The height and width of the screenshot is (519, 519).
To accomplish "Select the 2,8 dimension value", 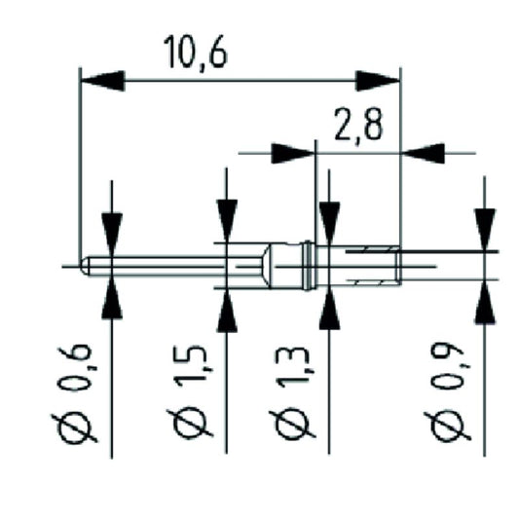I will [358, 128].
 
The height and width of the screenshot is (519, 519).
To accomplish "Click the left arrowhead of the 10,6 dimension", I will [101, 80].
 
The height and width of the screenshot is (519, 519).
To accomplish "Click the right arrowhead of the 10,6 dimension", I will [378, 80].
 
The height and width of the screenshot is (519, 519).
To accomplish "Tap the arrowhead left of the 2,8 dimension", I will [292, 153].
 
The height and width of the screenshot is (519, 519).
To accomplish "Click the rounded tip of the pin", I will [87, 264].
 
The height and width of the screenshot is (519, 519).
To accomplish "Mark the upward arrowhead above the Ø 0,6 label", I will [112, 296].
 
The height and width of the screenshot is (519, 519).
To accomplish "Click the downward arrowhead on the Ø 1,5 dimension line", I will [227, 220].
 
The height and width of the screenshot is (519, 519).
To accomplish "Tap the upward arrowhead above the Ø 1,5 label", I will [227, 310].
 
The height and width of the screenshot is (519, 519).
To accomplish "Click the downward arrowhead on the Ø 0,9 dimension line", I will [484, 230].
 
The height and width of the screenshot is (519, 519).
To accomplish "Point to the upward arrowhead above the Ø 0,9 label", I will [484, 302].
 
